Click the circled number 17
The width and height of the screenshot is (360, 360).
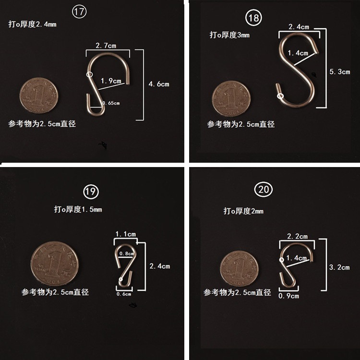[x=79, y=12]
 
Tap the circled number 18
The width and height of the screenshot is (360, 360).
[x=253, y=18]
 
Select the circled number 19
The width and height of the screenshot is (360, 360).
[x=91, y=192]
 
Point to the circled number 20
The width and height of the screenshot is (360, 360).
[x=264, y=190]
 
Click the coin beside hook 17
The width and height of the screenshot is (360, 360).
[x=39, y=96]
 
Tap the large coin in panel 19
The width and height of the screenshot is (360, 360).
[x=55, y=264]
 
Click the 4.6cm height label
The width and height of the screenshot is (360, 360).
[x=159, y=84]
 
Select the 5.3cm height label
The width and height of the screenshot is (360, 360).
[x=340, y=72]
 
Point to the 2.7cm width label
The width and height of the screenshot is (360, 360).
[x=106, y=46]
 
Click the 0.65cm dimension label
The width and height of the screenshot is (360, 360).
[x=111, y=103]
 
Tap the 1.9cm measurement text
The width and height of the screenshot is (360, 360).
[x=111, y=81]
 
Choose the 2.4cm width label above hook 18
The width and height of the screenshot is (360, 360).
[x=299, y=27]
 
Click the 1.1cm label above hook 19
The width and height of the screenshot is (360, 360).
[x=126, y=234]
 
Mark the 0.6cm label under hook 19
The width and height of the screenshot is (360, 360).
[x=124, y=294]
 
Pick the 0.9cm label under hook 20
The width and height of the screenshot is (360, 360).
[x=288, y=296]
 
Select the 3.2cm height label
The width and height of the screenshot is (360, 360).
[x=339, y=267]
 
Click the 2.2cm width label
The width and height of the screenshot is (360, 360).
[x=297, y=236]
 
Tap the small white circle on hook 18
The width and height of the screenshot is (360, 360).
[x=280, y=96]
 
